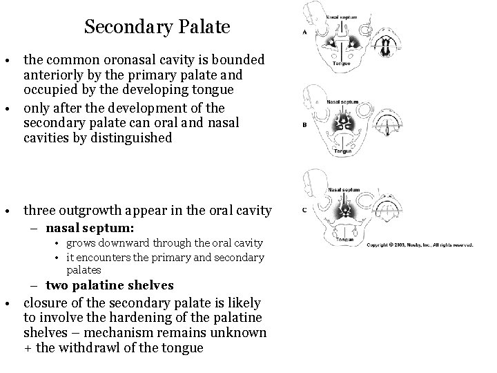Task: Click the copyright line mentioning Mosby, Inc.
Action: [420, 245]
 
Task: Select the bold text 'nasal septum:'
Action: [90, 227]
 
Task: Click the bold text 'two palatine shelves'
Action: [110, 285]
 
